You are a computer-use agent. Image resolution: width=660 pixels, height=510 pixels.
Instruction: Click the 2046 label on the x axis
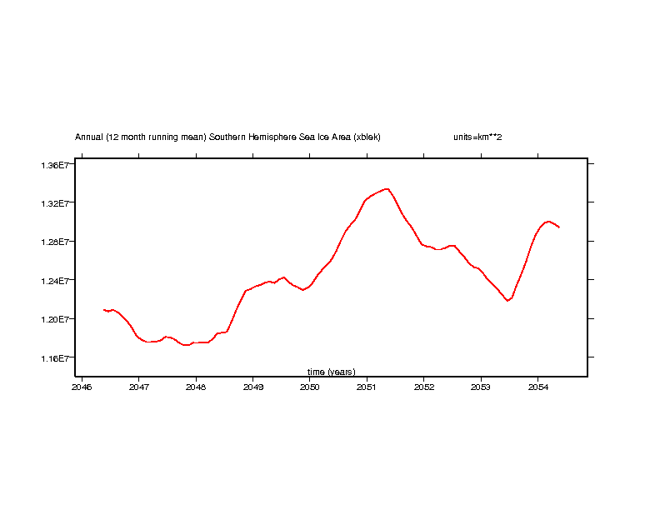(x=82, y=387)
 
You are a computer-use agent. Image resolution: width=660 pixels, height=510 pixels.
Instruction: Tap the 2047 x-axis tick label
(x=138, y=387)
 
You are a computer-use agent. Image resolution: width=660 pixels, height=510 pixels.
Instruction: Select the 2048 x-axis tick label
(x=196, y=387)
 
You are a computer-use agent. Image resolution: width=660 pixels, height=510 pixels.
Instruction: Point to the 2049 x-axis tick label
(x=252, y=387)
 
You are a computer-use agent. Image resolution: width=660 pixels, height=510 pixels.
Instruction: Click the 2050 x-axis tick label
(x=309, y=387)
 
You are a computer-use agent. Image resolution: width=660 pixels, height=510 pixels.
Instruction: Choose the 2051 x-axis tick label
(x=367, y=387)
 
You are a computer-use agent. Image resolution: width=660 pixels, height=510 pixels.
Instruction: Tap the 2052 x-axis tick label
(x=423, y=387)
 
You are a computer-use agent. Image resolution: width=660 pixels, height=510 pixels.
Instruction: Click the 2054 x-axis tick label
(x=537, y=387)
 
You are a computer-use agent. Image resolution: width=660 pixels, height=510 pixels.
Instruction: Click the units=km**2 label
(x=477, y=137)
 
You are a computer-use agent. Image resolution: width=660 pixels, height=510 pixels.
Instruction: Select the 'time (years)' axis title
(x=331, y=372)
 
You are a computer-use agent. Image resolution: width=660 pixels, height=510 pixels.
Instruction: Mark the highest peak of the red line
(x=387, y=188)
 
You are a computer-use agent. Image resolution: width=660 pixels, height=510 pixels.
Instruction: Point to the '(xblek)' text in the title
(x=367, y=137)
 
